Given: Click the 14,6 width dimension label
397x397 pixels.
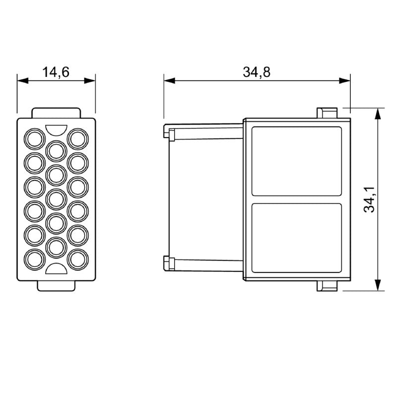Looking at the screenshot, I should (x=56, y=72).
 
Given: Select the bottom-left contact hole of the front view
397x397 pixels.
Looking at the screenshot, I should (x=35, y=259).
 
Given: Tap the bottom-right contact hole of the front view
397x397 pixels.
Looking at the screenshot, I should (x=77, y=259).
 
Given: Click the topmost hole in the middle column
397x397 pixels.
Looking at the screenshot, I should (x=56, y=150).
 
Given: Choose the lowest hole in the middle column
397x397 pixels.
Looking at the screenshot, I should (x=56, y=247).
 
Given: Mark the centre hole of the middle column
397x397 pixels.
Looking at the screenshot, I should (x=56, y=198).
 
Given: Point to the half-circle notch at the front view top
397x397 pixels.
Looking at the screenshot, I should (x=56, y=130).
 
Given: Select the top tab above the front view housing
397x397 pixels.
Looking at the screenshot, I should (x=56, y=113).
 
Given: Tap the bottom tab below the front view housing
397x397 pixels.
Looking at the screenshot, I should (x=56, y=285).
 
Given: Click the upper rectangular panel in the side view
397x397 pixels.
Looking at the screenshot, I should (x=297, y=161).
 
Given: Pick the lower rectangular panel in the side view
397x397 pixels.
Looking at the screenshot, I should (x=297, y=238).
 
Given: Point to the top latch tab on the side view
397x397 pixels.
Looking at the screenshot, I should (x=327, y=113).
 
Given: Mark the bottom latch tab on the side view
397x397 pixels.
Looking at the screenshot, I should (x=327, y=286).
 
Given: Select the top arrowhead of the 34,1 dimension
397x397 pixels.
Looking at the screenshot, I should (x=378, y=113).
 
